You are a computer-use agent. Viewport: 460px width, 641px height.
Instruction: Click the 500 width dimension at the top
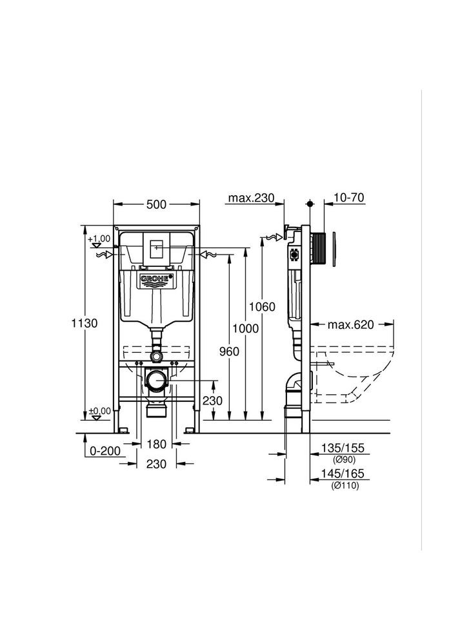156,204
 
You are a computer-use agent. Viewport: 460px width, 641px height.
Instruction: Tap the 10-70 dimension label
348,198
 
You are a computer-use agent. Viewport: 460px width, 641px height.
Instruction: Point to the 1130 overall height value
85,323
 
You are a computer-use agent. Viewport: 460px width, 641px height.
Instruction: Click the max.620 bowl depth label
351,324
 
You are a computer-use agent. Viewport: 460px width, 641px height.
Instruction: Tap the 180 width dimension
157,444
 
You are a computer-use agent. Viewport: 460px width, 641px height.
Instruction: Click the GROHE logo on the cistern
156,279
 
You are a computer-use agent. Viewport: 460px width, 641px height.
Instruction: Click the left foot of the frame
122,429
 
